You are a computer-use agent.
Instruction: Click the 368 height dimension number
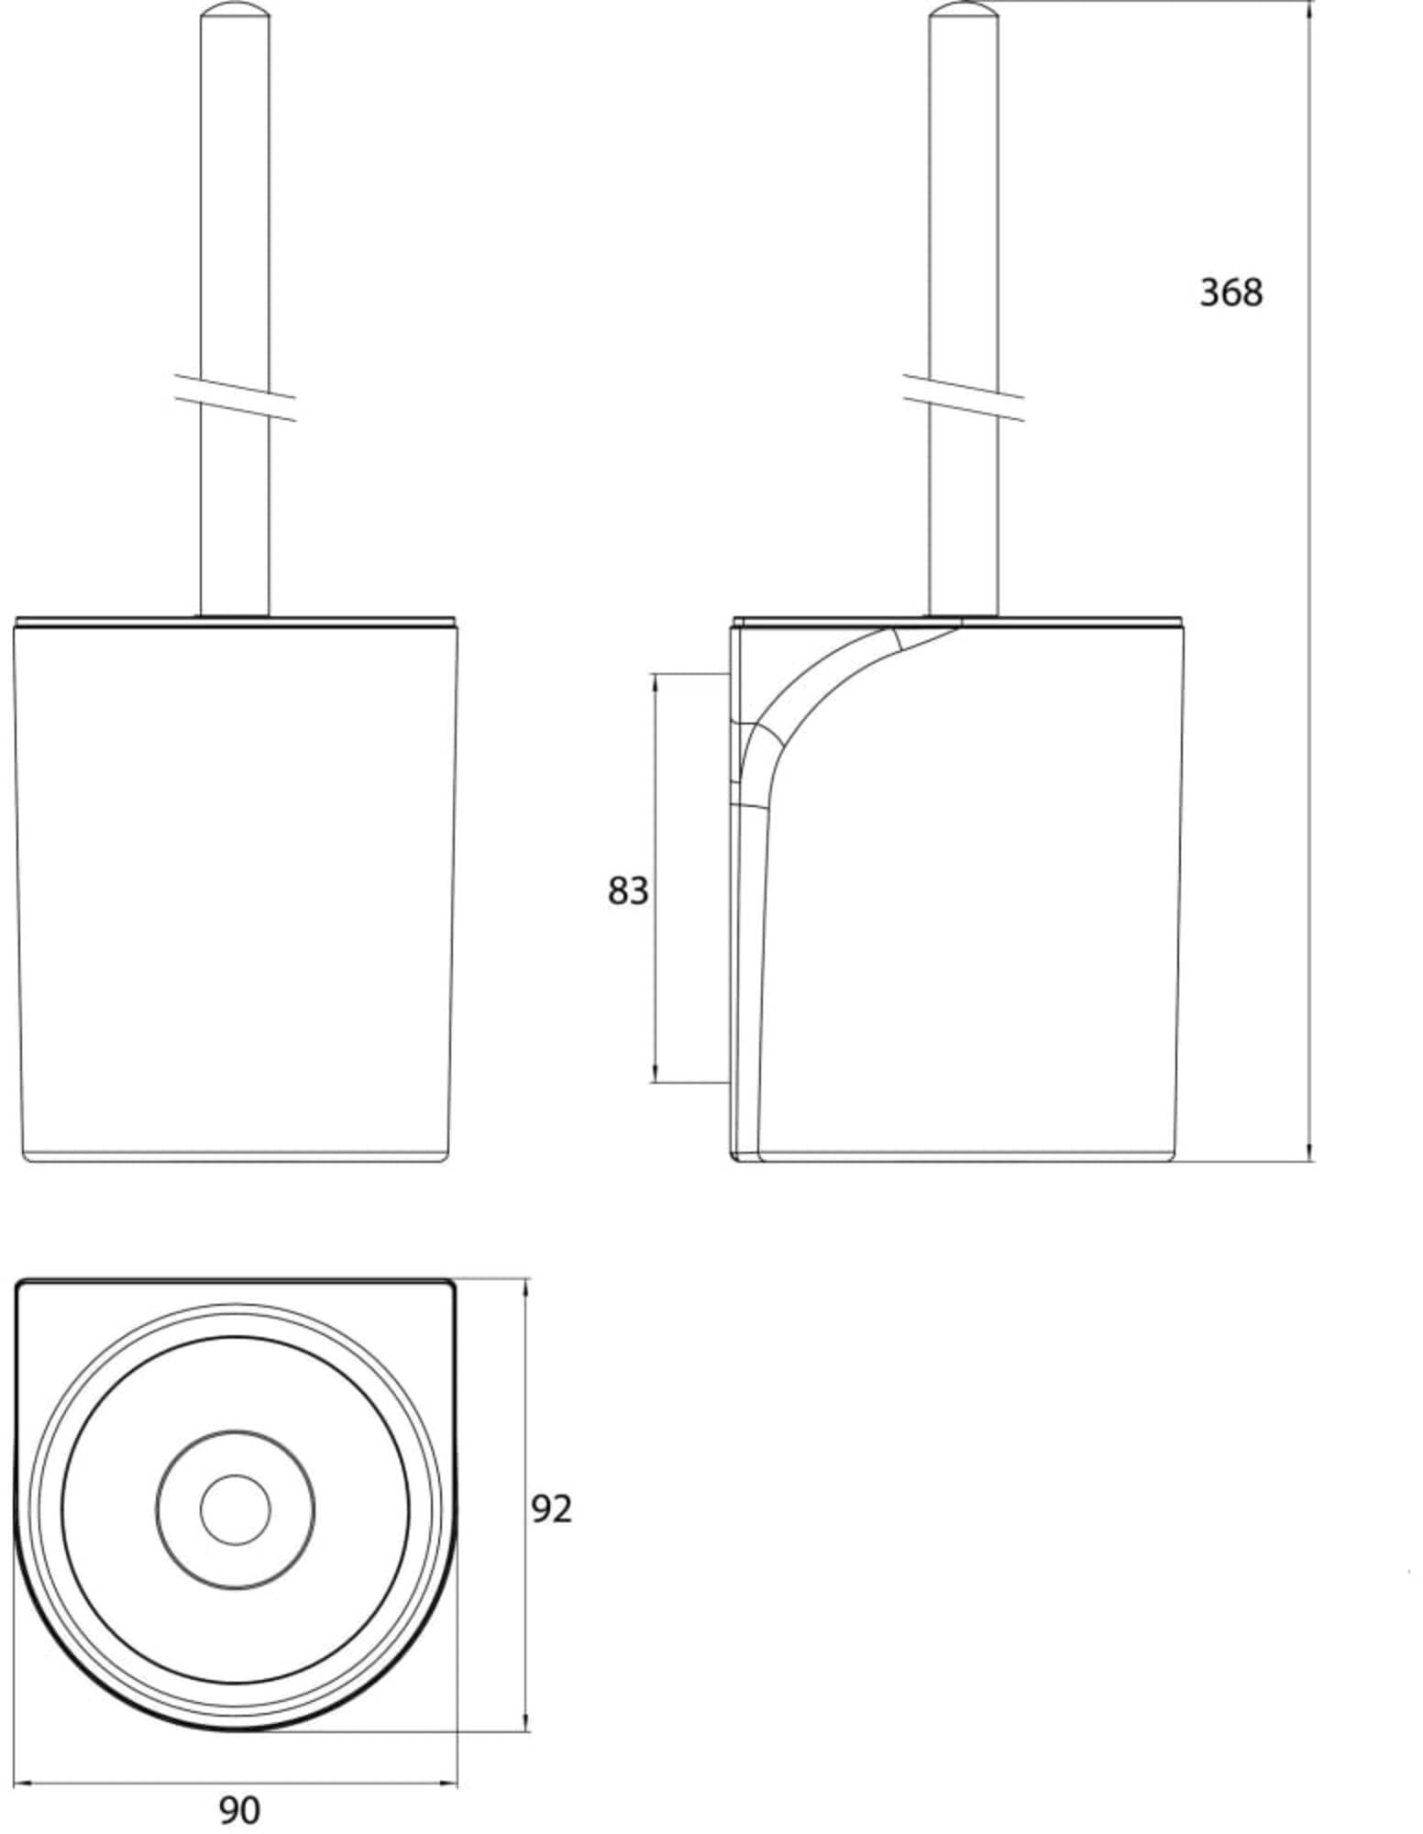click(1230, 293)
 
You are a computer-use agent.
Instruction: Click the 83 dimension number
click(628, 890)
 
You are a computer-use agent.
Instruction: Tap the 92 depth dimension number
click(552, 1508)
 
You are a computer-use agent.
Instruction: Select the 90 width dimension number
click(239, 1810)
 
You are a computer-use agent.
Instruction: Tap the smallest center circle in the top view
click(236, 1509)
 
